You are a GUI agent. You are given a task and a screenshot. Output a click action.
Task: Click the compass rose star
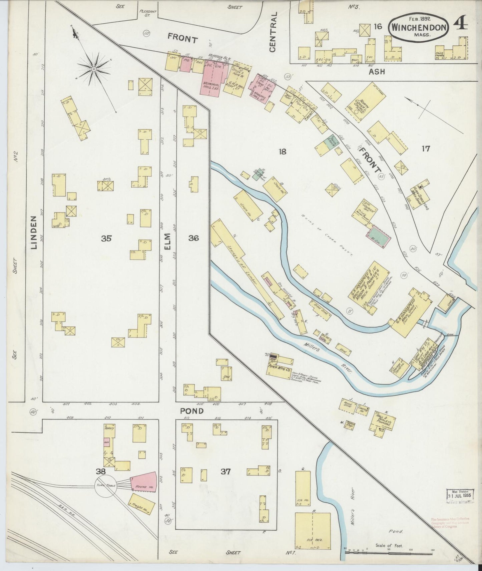tap(94, 69)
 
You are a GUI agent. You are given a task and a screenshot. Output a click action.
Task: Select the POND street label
tap(192, 411)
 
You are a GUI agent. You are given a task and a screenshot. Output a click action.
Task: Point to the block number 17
tap(425, 149)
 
